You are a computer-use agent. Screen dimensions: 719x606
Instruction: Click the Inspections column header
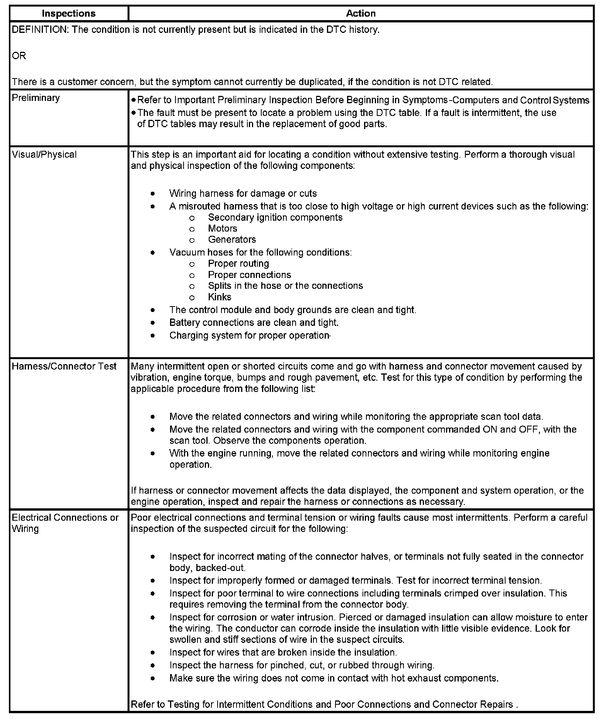(x=68, y=14)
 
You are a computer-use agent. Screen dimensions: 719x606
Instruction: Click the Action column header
(x=361, y=14)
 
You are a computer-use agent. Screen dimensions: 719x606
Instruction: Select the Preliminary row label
(x=36, y=98)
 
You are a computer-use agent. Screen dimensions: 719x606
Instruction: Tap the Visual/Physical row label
(x=44, y=155)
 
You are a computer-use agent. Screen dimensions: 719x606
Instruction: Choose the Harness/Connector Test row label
(x=64, y=366)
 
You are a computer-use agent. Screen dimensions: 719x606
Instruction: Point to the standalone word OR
(x=19, y=56)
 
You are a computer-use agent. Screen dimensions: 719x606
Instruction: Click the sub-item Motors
(x=222, y=228)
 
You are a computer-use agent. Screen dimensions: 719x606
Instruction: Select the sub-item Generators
(x=232, y=240)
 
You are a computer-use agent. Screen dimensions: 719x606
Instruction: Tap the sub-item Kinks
(x=220, y=297)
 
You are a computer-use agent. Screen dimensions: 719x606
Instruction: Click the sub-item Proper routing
(x=238, y=264)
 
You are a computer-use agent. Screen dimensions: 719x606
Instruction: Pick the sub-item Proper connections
(x=249, y=275)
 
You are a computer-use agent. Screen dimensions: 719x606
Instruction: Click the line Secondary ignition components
(x=275, y=218)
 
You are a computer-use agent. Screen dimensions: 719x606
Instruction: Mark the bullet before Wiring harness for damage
(x=153, y=194)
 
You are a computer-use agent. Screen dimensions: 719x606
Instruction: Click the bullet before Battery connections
(x=153, y=323)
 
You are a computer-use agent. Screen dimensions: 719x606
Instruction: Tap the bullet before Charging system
(x=153, y=336)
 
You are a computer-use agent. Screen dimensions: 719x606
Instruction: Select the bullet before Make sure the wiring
(x=153, y=678)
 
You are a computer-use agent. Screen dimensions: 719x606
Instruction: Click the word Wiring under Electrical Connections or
(x=25, y=529)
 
